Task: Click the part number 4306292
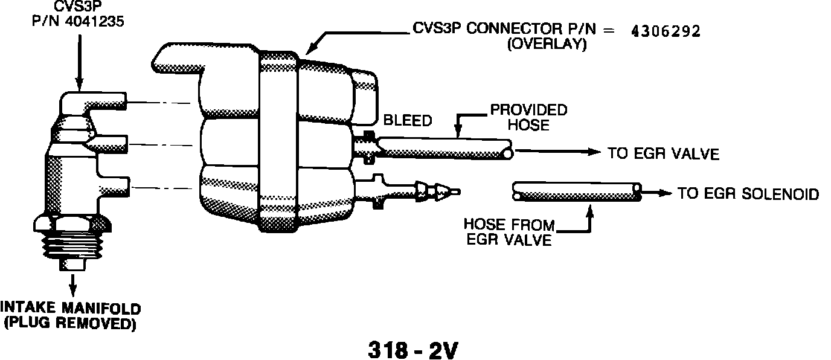tap(666, 32)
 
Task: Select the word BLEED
tap(408, 121)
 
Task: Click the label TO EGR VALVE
tap(663, 153)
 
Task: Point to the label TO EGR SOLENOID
tap(748, 194)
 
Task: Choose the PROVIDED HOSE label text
tap(528, 117)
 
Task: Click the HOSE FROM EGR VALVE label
tap(509, 232)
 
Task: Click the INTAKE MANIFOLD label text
tap(71, 308)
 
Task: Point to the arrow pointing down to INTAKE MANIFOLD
tap(73, 283)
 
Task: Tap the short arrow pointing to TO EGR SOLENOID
tap(657, 193)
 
